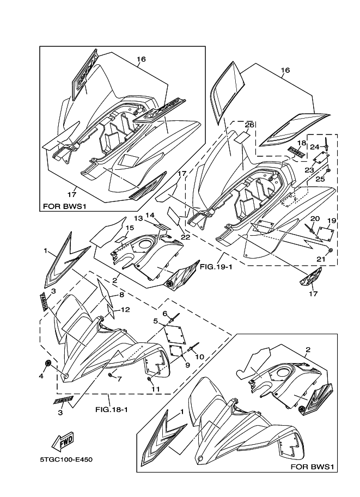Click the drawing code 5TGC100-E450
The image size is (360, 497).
[x=66, y=459]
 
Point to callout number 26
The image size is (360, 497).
[x=248, y=125]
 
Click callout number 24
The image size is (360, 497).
[x=314, y=147]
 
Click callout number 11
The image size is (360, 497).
[x=155, y=389]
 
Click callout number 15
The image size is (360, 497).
[x=130, y=228]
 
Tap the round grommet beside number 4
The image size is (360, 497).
[x=50, y=363]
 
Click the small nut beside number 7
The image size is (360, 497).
[x=111, y=375]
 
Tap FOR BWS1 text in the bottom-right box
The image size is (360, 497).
[x=313, y=467]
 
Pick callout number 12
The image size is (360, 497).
[x=125, y=310]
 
